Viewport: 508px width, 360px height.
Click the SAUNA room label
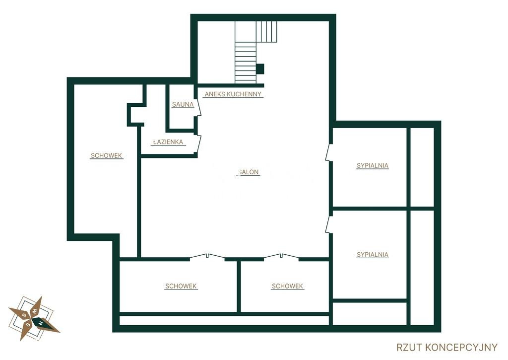coord(183,104)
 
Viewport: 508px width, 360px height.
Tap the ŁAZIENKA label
coord(168,142)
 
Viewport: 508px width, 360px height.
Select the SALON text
coord(249,172)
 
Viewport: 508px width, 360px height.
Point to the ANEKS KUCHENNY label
coord(233,94)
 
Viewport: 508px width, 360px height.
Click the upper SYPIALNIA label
coord(372,166)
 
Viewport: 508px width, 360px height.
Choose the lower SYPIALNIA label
coord(372,255)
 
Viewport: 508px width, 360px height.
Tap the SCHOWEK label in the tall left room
coord(106,156)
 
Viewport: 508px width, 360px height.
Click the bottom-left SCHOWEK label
coord(181,287)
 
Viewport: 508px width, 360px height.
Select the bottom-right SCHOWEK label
coord(287,287)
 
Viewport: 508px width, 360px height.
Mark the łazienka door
coord(198,144)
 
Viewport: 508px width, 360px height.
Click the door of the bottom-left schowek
coord(207,257)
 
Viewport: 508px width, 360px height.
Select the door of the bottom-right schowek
coord(281,257)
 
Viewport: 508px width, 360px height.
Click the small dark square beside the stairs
coord(260,69)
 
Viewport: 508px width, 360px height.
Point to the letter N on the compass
coord(40,323)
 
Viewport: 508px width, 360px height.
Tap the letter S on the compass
coord(24,315)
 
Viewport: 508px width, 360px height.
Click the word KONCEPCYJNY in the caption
coord(461,348)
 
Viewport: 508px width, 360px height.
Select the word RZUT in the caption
coord(409,348)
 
